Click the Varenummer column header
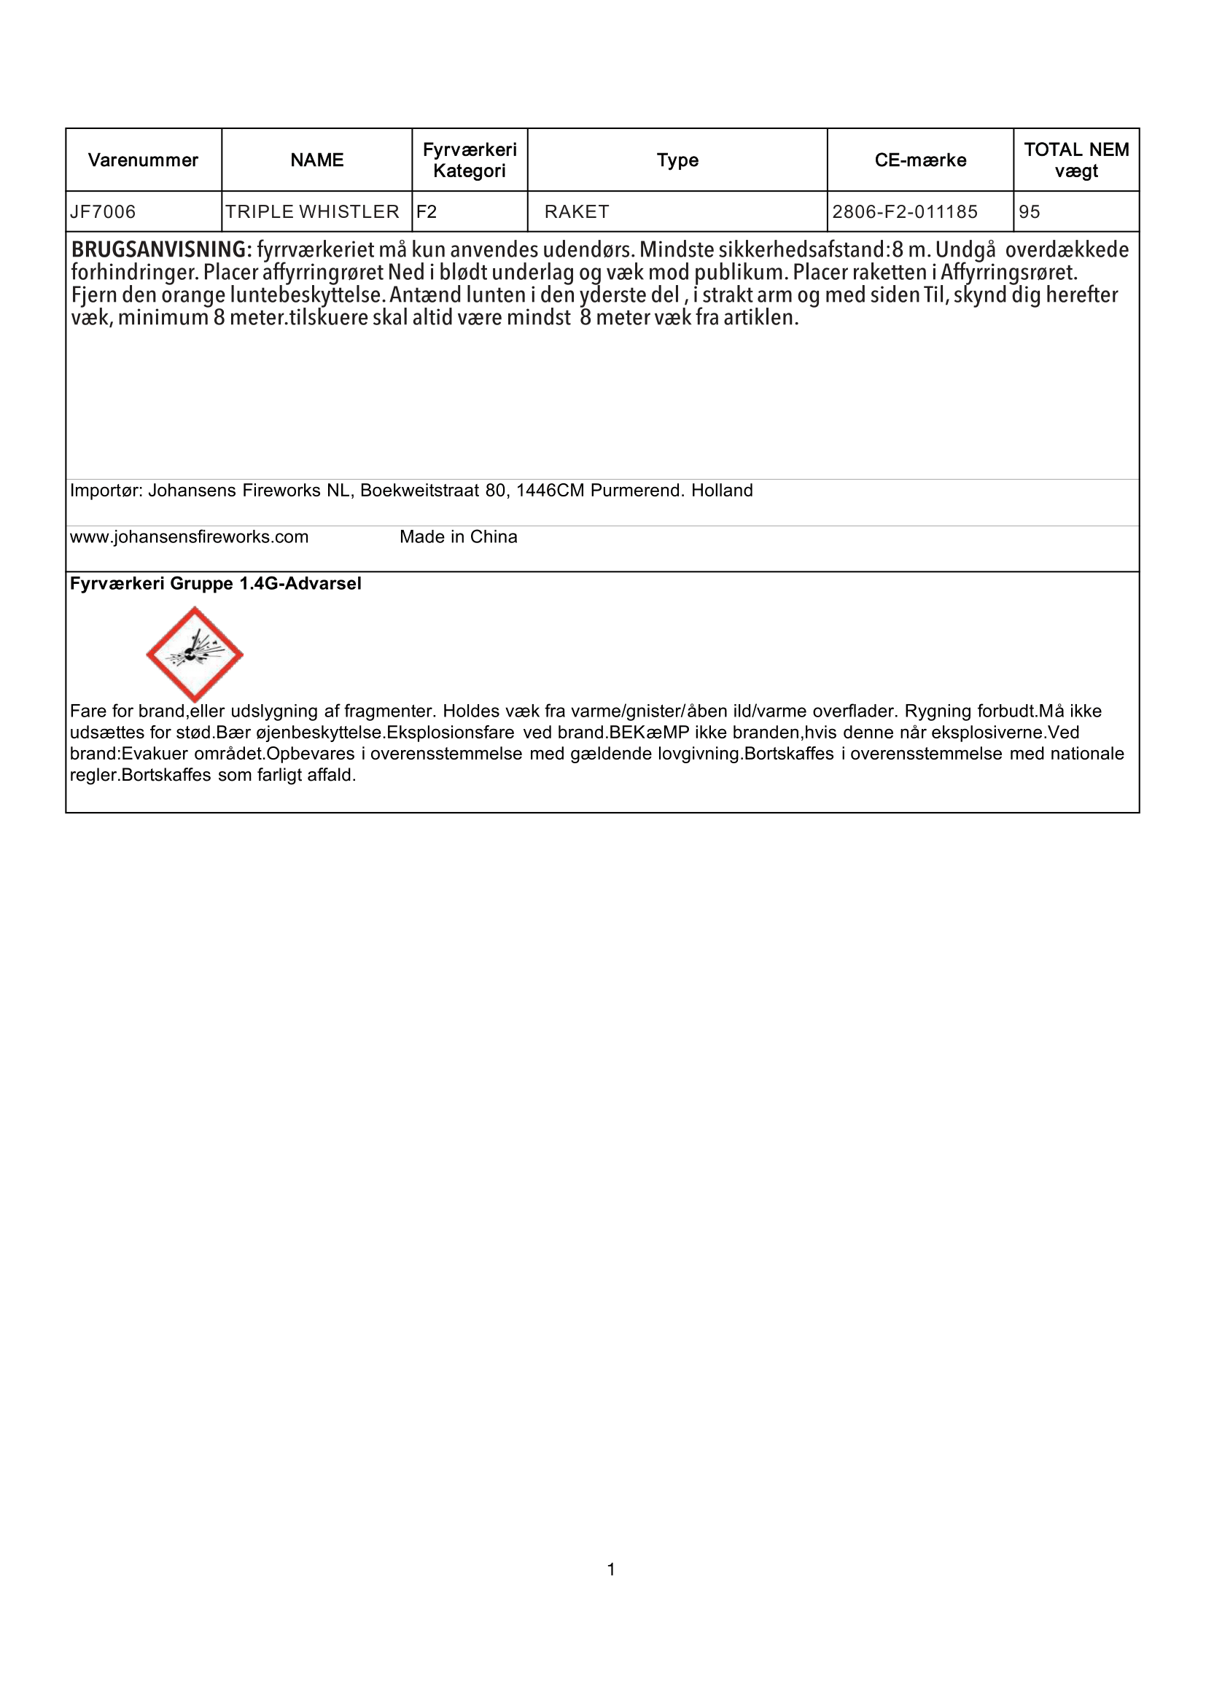pyautogui.click(x=144, y=160)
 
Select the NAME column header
pyautogui.click(x=317, y=160)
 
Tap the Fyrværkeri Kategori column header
pyautogui.click(x=470, y=160)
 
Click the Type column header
pyautogui.click(x=677, y=160)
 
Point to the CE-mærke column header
pyautogui.click(x=920, y=160)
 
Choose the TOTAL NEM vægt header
pyautogui.click(x=1076, y=160)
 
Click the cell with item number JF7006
pyautogui.click(x=104, y=212)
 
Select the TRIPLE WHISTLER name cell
pyautogui.click(x=312, y=212)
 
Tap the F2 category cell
pyautogui.click(x=427, y=212)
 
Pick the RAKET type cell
pyautogui.click(x=577, y=212)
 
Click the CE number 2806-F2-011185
pyautogui.click(x=904, y=212)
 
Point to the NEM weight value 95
pyautogui.click(x=1030, y=212)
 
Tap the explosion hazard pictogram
pyautogui.click(x=195, y=654)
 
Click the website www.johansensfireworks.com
pyautogui.click(x=190, y=537)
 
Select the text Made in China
pyautogui.click(x=458, y=537)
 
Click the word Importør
pyautogui.click(x=106, y=491)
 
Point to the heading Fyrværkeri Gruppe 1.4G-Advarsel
pyautogui.click(x=215, y=584)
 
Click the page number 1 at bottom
pyautogui.click(x=611, y=1569)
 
